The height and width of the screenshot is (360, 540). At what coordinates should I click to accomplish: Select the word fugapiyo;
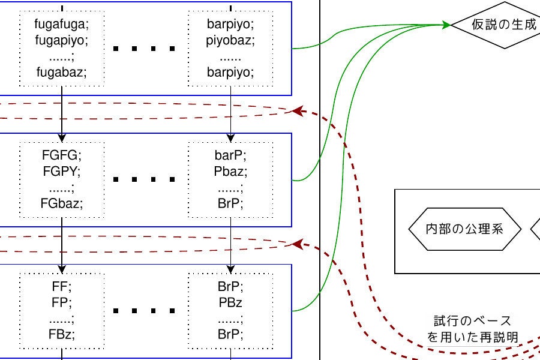[x=62, y=42]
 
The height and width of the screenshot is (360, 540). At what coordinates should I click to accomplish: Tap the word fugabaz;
[x=62, y=73]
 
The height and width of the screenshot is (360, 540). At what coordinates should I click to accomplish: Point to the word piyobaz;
[x=230, y=42]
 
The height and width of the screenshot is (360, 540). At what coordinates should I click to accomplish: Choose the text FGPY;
[x=62, y=172]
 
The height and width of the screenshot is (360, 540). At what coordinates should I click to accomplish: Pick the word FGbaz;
[x=62, y=203]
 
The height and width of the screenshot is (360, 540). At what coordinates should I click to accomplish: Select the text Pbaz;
[x=230, y=172]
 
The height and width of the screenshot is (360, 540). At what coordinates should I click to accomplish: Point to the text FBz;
[x=62, y=332]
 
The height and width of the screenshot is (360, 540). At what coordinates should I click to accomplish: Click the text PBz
[x=230, y=301]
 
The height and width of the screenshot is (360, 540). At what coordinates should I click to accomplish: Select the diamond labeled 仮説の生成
[x=496, y=25]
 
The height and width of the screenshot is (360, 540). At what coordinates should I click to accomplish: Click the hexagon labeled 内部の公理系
[x=464, y=229]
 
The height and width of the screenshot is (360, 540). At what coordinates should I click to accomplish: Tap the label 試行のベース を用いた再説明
[x=473, y=329]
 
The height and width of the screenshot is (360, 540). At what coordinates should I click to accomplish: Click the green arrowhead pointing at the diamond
[x=446, y=25]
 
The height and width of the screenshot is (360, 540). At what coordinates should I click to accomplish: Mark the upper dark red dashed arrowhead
[x=295, y=112]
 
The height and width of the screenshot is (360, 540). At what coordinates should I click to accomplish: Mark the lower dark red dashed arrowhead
[x=295, y=244]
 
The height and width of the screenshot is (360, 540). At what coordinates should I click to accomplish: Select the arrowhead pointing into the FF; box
[x=62, y=269]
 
